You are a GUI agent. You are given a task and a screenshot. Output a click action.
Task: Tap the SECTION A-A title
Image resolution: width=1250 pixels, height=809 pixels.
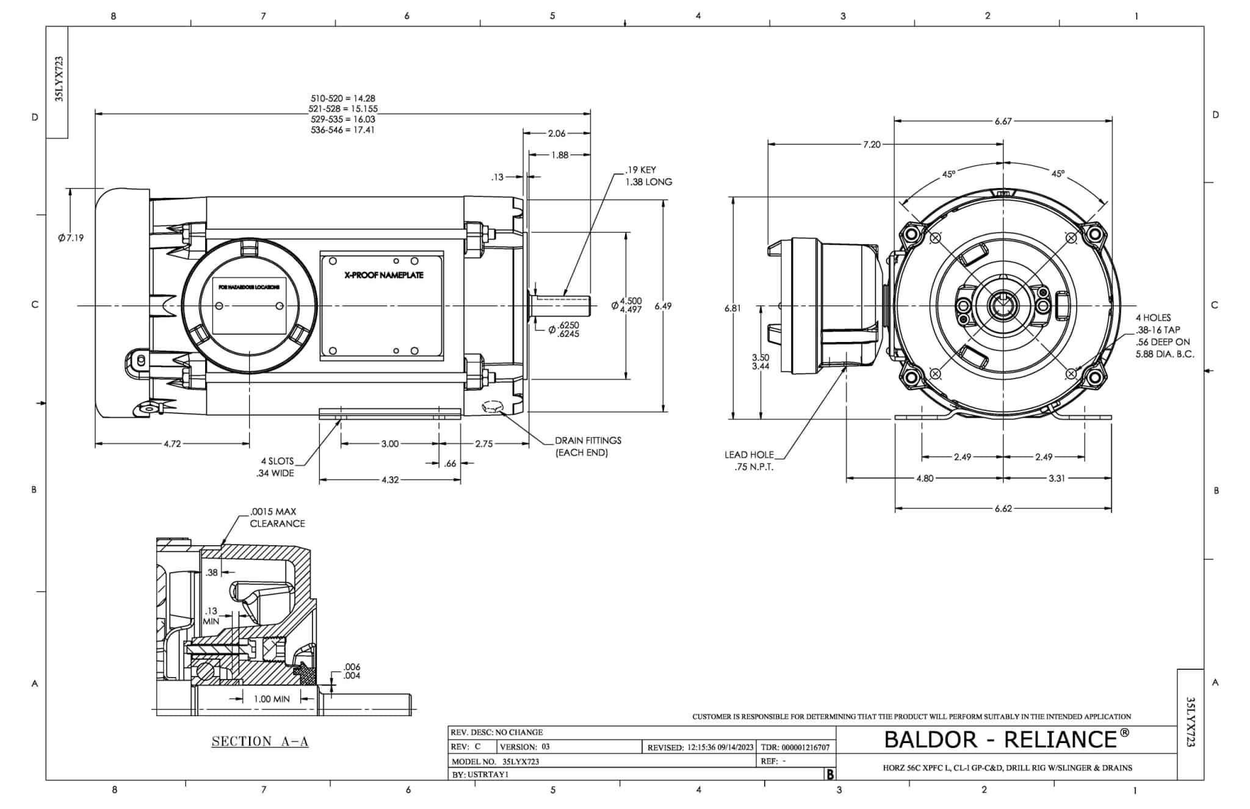tap(260, 741)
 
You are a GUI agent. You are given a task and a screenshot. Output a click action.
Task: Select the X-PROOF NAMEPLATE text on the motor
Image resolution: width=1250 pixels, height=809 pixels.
tap(383, 275)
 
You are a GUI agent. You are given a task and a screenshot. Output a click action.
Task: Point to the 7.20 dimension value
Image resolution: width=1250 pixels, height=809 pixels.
tap(872, 145)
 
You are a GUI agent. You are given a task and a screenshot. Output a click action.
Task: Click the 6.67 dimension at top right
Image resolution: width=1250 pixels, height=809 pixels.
tap(1003, 122)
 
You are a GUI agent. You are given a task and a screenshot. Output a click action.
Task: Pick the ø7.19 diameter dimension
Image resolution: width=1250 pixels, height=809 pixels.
tap(71, 238)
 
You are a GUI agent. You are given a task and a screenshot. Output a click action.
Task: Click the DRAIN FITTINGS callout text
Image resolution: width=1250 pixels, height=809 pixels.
tap(588, 446)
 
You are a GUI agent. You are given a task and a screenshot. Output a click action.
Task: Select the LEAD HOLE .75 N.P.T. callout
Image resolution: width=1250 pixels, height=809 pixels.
tap(749, 461)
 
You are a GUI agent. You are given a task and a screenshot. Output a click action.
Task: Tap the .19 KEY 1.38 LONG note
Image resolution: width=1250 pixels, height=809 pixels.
tap(648, 176)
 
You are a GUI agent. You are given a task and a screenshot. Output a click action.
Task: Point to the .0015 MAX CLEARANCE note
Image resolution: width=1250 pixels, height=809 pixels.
tap(276, 518)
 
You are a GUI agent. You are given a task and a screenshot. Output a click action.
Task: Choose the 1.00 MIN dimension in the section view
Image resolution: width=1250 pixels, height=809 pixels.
tap(272, 698)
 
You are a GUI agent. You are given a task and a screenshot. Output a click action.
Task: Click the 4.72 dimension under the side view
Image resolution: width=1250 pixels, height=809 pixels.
tap(172, 444)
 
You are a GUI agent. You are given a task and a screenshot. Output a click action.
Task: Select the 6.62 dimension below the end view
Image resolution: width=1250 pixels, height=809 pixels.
tap(1003, 508)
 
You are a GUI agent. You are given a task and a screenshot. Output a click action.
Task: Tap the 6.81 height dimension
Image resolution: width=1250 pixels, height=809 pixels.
tap(732, 308)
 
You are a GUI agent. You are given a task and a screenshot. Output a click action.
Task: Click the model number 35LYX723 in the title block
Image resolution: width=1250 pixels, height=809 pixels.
tap(520, 761)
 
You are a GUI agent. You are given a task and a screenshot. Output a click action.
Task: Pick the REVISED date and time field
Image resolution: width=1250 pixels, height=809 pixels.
tap(701, 747)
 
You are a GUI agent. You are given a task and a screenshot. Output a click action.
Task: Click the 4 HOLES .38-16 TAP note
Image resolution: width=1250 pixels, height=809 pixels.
tap(1164, 336)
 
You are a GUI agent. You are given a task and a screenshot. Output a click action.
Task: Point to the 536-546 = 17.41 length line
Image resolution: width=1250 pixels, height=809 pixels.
tap(342, 130)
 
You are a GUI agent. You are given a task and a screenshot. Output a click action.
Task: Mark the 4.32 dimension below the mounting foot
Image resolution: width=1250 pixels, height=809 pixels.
tap(390, 480)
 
